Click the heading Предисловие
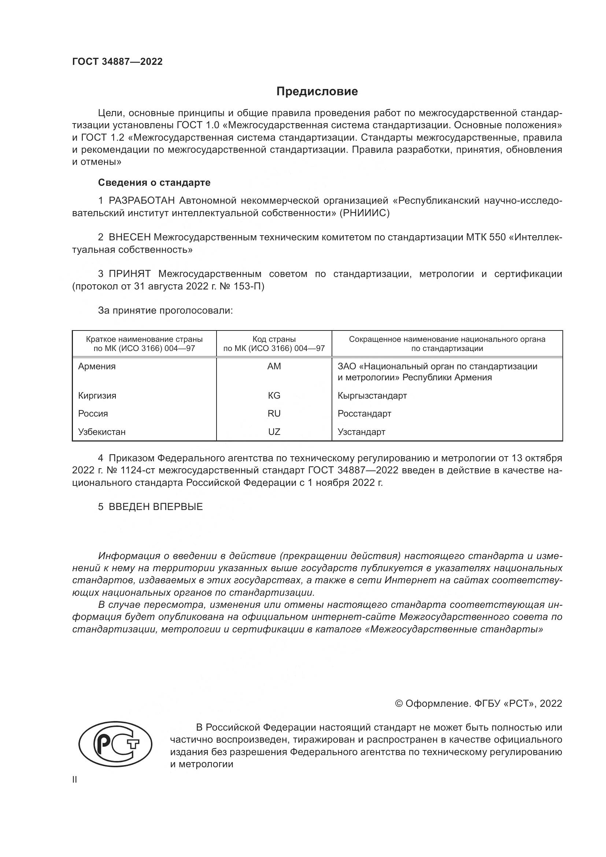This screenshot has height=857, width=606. tap(317, 92)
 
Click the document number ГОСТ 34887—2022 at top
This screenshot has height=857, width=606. tap(117, 62)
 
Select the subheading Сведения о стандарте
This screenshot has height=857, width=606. tap(154, 182)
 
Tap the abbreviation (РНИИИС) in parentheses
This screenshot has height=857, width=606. tap(364, 213)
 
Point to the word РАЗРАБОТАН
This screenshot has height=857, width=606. tap(141, 201)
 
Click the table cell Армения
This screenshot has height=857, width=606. tap(97, 366)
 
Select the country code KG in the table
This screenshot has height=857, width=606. tap(274, 395)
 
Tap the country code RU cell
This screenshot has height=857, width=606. tap(274, 414)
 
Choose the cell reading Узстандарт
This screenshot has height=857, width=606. tap(361, 432)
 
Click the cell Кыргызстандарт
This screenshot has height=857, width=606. tap(372, 395)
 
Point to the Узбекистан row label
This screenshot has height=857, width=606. tap(101, 432)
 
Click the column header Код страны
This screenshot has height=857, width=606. tap(274, 339)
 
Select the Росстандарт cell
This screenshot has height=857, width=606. tap(364, 414)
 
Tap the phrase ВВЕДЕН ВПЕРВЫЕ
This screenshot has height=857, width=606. tap(155, 507)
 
